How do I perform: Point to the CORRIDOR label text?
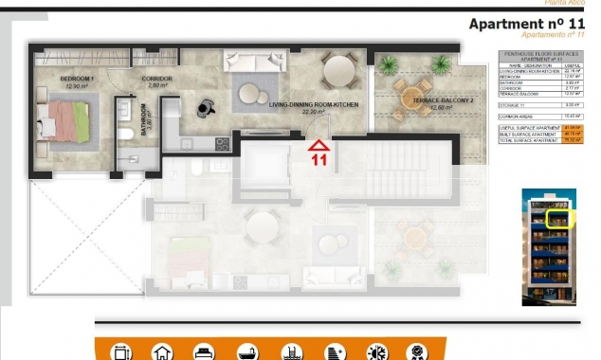click(x=156, y=81)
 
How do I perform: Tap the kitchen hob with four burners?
click(x=223, y=145)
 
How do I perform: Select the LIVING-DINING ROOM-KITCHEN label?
click(x=314, y=106)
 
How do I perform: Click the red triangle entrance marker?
click(x=320, y=145)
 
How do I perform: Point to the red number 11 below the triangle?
click(x=320, y=161)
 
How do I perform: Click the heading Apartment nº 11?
click(x=523, y=24)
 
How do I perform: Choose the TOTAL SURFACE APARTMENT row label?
click(x=526, y=139)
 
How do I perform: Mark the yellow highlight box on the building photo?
click(x=562, y=218)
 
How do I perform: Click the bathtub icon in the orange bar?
click(x=247, y=351)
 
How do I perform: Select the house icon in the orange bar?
click(x=162, y=351)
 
